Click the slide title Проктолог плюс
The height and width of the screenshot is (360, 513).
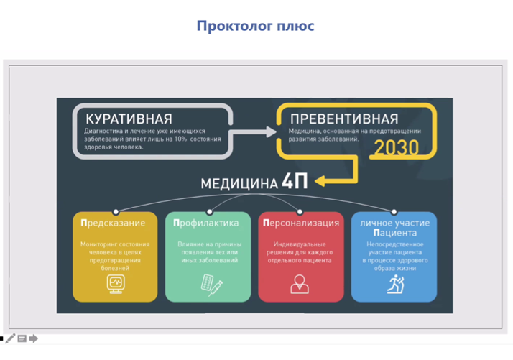coord(255,26)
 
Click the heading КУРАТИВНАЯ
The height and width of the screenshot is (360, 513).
coord(129,119)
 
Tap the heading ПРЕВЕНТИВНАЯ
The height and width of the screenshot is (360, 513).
coord(344,119)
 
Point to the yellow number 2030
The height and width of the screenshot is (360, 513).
coord(396,147)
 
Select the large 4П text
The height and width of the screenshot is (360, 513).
coord(295,181)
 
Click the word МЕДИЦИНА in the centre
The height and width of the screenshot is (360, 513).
coord(239,184)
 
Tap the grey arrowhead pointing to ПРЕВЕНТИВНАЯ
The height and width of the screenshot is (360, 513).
coord(271,132)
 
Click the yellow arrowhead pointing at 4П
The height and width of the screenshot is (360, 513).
coord(320,181)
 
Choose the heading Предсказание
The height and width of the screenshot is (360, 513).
coord(113,223)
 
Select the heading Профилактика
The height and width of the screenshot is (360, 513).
coord(206,223)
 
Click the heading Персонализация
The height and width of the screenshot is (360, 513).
coord(301,223)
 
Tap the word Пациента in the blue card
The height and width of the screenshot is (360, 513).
coord(395,233)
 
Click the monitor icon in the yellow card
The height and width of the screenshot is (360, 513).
coord(116,284)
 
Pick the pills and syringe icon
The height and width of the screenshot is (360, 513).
coord(211,285)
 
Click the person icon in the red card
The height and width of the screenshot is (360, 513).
coord(300,284)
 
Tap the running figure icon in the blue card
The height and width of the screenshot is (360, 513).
coord(396,284)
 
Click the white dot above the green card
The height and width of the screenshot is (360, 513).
coord(209,212)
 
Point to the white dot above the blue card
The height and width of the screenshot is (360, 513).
coord(394,212)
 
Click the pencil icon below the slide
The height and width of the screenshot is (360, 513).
coord(10,338)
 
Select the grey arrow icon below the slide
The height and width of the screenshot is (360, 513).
coord(33,338)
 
